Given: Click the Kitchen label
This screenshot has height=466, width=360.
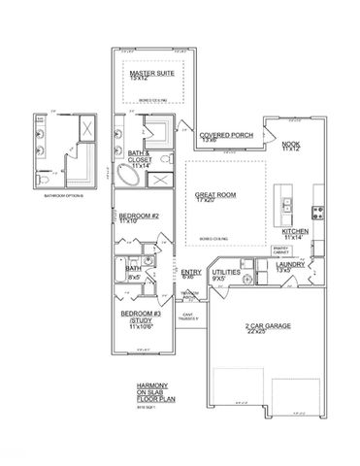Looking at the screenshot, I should pyautogui.click(x=295, y=232).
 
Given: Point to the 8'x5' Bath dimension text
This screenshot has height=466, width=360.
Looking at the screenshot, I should pyautogui.click(x=135, y=279).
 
